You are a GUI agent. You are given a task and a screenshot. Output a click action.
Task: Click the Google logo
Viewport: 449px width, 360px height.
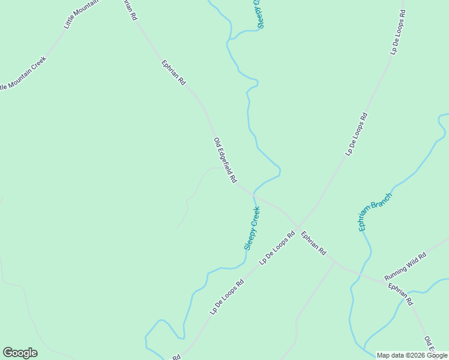click(20, 353)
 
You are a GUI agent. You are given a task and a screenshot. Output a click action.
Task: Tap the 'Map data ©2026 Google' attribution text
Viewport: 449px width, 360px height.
click(412, 355)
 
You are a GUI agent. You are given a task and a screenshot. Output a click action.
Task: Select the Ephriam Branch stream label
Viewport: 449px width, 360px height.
click(375, 212)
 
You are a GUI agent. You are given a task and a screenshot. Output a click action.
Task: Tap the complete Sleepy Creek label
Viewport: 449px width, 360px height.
click(252, 229)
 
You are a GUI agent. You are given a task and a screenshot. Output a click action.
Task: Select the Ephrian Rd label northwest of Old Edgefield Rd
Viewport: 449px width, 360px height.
click(173, 73)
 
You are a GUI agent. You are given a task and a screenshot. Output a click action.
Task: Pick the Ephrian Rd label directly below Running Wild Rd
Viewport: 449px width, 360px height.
click(400, 294)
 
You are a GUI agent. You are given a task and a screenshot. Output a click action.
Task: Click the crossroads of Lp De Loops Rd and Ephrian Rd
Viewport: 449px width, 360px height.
click(297, 227)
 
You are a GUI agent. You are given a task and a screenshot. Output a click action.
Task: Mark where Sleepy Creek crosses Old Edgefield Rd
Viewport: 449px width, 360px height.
click(254, 195)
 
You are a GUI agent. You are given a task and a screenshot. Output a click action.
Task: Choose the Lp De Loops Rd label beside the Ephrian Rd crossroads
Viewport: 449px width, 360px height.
click(277, 248)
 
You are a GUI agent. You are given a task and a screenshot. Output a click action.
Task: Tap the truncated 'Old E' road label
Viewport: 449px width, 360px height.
click(429, 346)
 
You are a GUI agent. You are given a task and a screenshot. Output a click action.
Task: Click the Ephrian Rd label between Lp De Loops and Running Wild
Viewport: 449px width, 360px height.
click(313, 243)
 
